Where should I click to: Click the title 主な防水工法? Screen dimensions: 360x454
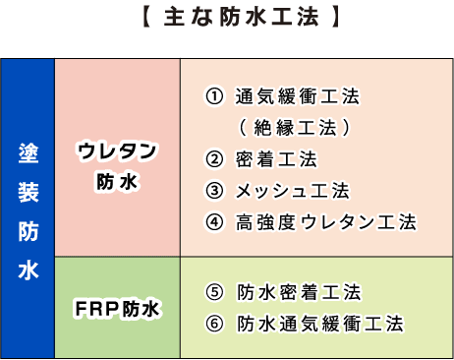(227, 17)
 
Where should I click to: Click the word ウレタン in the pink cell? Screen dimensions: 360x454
(118, 151)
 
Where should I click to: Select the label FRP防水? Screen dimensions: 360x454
(118, 308)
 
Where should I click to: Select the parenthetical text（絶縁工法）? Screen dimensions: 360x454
(294, 128)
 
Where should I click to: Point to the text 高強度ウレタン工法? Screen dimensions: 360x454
(326, 221)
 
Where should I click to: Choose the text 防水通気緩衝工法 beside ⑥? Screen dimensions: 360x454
(318, 323)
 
